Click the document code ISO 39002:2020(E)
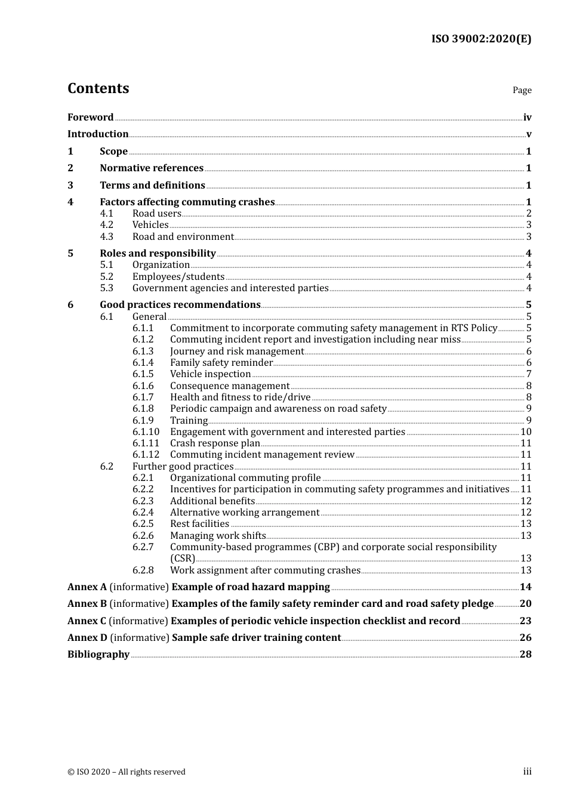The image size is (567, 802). (481, 39)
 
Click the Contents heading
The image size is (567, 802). (98, 88)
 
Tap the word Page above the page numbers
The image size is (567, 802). (522, 90)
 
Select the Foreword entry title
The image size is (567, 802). (90, 118)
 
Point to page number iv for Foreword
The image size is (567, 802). (527, 118)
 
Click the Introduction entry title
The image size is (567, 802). (98, 134)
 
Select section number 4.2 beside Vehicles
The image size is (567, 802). (106, 225)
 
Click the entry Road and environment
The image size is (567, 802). (183, 237)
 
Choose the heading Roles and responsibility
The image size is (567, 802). (158, 254)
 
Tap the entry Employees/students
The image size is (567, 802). (178, 277)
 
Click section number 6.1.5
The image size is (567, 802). (143, 374)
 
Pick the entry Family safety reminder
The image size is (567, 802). (221, 363)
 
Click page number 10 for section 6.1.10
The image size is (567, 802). (526, 432)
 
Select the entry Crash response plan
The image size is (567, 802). (215, 443)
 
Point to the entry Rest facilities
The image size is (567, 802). (199, 524)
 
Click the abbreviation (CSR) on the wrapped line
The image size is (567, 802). (183, 559)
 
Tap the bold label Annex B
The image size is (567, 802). (87, 604)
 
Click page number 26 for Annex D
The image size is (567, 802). (525, 638)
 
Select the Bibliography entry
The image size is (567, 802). (98, 655)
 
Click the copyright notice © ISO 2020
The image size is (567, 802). (126, 772)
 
